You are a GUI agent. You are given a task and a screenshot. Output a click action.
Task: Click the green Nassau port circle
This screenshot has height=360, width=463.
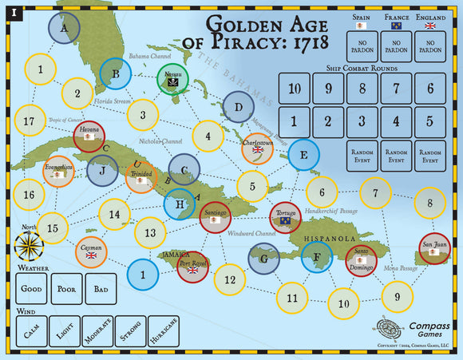tap(172, 81)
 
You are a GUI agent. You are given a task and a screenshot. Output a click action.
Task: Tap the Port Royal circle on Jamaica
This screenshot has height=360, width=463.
tap(192, 267)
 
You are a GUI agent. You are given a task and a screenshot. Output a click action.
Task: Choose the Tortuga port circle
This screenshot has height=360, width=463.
tap(285, 217)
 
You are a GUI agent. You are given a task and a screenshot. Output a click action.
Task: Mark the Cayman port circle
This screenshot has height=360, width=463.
tap(92, 252)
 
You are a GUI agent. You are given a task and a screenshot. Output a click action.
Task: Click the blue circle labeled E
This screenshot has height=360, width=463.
tap(303, 154)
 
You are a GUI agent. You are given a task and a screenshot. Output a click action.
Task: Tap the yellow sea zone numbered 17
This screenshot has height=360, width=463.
tap(30, 121)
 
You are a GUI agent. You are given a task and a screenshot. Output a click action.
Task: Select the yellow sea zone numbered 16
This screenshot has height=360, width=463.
tap(30, 194)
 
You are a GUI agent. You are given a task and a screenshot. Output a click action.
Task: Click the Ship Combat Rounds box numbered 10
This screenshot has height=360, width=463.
tap(295, 89)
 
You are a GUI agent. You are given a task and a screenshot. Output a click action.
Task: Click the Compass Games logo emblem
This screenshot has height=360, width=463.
tap(390, 329)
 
